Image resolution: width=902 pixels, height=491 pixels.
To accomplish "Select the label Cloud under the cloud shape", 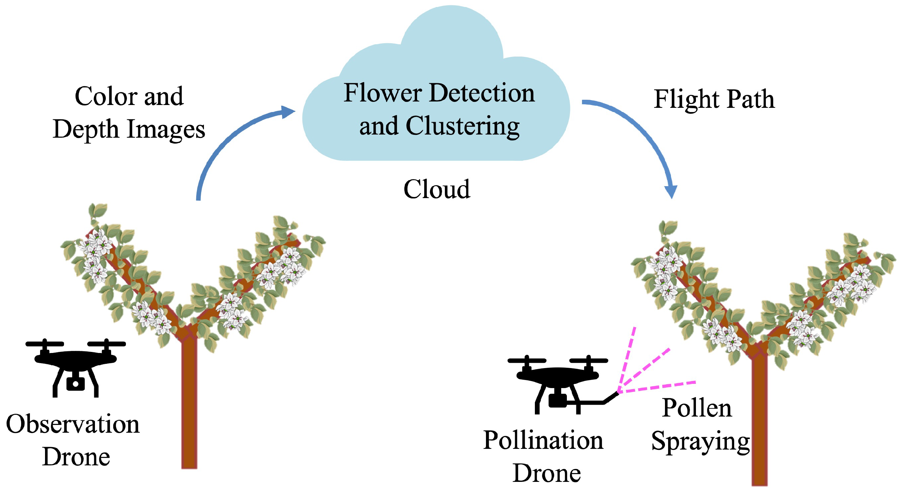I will click(x=436, y=189).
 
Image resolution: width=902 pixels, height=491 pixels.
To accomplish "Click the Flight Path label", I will click(x=714, y=99).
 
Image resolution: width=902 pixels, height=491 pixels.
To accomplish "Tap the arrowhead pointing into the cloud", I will click(x=289, y=112).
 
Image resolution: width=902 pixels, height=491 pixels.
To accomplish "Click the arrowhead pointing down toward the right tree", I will click(x=671, y=192).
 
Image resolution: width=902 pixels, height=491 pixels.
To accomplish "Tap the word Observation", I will click(x=73, y=424).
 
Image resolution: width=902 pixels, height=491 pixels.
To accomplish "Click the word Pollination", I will click(x=543, y=440).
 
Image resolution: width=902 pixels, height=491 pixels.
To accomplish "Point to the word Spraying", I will click(x=700, y=441).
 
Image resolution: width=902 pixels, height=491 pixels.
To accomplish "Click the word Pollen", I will click(x=697, y=408).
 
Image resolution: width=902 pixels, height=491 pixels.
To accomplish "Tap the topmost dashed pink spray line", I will click(x=629, y=355).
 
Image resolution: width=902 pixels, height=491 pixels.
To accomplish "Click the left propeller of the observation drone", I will click(x=45, y=344).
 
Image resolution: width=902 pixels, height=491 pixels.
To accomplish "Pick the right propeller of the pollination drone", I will click(x=589, y=361).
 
